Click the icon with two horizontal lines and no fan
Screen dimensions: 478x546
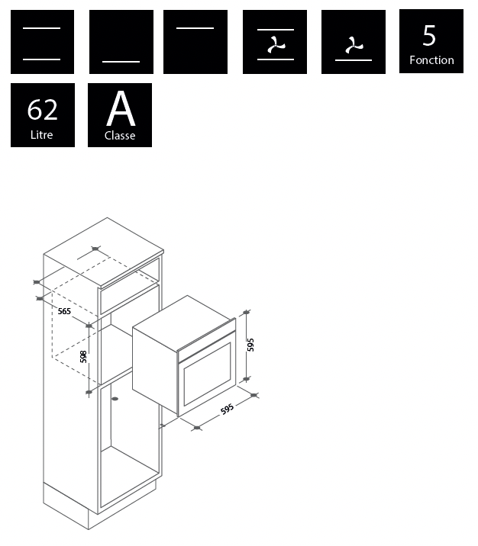click(42, 42)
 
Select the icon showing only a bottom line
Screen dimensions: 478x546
click(121, 42)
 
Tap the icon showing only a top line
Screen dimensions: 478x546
click(195, 42)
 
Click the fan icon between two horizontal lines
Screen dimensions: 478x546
click(275, 42)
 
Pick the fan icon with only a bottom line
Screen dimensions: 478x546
click(354, 42)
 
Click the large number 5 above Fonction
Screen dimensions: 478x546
click(429, 36)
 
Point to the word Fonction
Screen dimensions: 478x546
click(431, 60)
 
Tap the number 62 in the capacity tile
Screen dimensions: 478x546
click(42, 110)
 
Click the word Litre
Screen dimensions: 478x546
click(41, 135)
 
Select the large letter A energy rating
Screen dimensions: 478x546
click(121, 108)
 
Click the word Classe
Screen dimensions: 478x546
click(120, 135)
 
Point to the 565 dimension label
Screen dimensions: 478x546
click(64, 311)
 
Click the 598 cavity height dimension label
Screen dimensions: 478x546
click(83, 357)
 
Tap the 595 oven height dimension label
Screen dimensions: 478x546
click(250, 345)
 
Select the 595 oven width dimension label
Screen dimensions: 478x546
click(227, 409)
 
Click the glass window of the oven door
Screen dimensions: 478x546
click(208, 374)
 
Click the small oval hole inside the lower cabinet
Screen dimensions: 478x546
click(115, 398)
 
